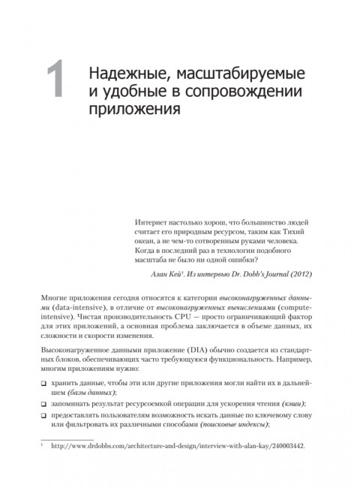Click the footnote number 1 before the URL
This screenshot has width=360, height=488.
[x=43, y=464]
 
